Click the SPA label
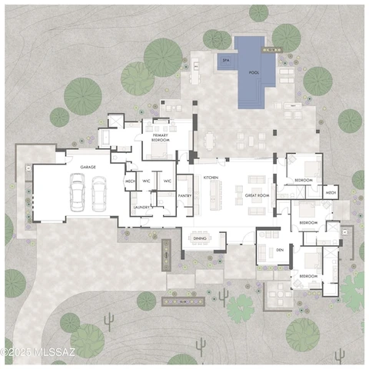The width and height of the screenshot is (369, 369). (226, 59)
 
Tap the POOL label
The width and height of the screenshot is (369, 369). (253, 72)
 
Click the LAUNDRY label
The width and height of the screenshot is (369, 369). (140, 207)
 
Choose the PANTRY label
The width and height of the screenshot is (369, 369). (184, 196)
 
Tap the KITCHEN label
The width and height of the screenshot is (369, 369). (211, 177)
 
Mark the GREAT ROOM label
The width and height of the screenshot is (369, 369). (256, 196)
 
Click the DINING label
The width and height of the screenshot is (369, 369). (200, 238)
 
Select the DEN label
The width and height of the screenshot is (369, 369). (280, 251)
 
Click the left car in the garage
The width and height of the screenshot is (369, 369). (77, 191)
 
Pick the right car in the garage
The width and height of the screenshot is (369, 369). (98, 191)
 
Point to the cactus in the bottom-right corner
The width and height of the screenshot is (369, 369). (339, 354)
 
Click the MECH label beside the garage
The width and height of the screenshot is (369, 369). (130, 181)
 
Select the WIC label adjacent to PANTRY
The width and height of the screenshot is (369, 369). (167, 181)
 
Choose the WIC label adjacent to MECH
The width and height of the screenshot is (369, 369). (146, 181)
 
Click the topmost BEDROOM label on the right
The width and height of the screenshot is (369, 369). (304, 180)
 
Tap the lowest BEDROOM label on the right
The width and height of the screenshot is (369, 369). (308, 275)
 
